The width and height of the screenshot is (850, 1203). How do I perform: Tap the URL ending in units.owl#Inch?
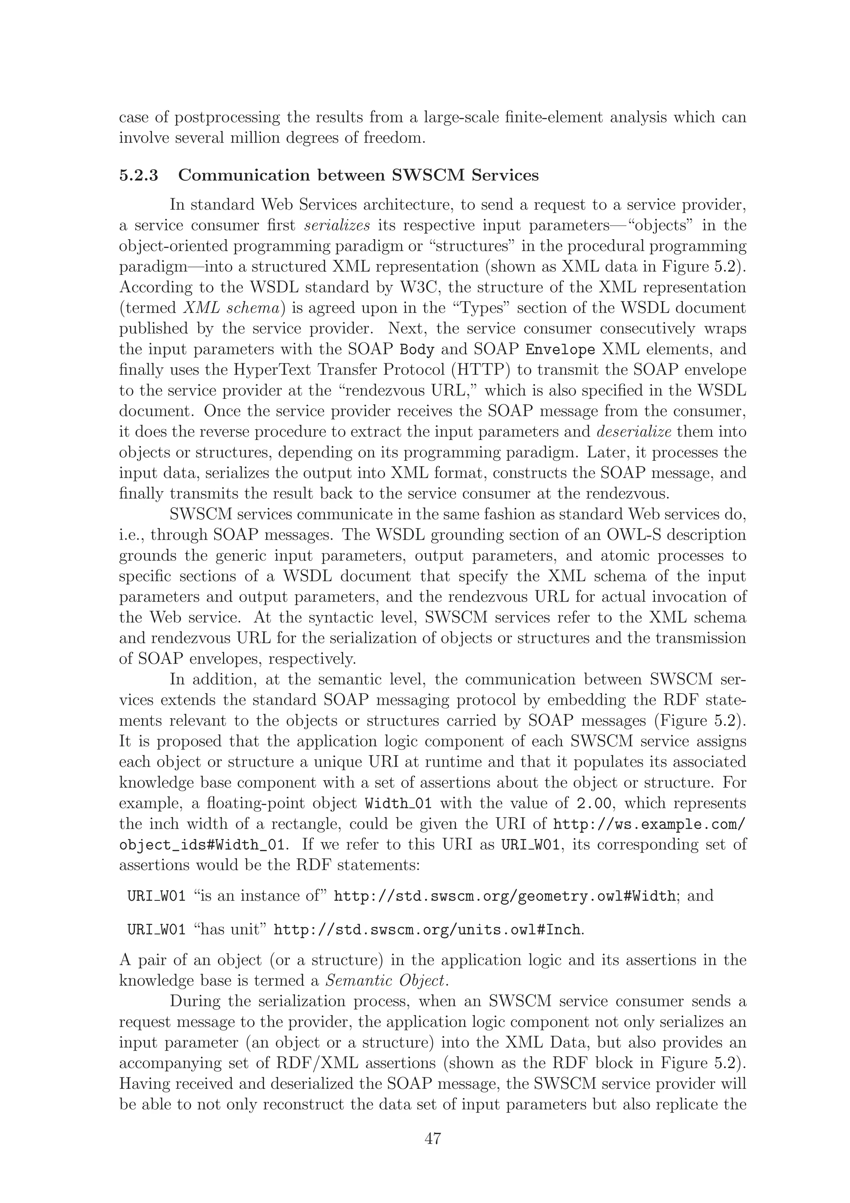[427, 931]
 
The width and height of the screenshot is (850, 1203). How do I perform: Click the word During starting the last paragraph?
[194, 1001]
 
